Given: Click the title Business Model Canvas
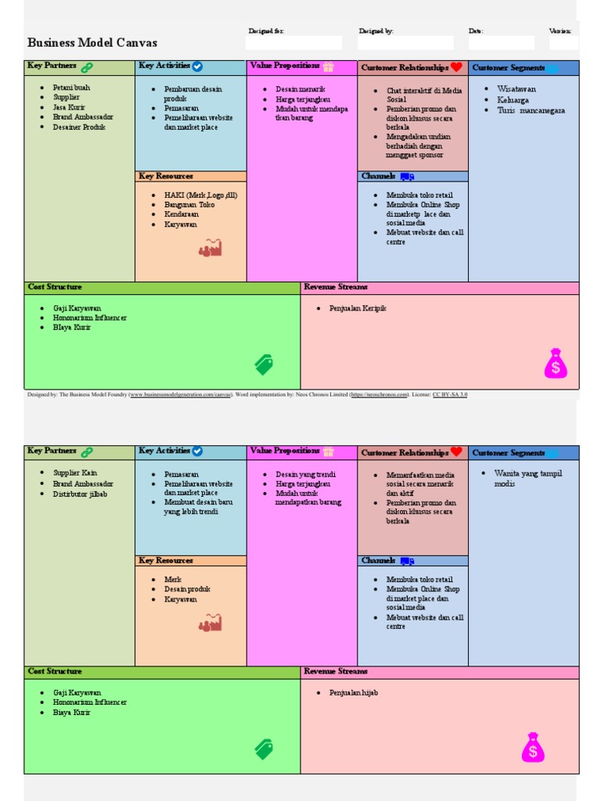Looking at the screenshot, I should pos(92,43).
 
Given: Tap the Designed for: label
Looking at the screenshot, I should pos(266,31).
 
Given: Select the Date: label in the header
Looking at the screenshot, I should pos(476,31).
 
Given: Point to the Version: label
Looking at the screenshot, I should pos(560,31).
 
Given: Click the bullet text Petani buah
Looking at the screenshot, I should pos(71,88).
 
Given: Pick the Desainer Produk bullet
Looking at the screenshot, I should pos(78,127).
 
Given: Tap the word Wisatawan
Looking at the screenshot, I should pos(516,89).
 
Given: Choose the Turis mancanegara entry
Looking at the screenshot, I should pos(531,110).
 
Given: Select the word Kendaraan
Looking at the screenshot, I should pos(182,214).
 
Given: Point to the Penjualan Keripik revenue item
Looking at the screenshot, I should pos(358,308).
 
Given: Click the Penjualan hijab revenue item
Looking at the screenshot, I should pos(354,693).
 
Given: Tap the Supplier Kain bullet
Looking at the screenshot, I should pos(75,473).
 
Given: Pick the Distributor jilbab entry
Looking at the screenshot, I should pos(80,494).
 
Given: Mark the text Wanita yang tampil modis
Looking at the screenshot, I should pos(528,478).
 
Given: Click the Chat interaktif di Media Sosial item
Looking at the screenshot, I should pos(423,95).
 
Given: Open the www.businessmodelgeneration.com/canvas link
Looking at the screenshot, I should pos(179,395).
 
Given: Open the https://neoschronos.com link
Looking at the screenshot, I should pos(380,395).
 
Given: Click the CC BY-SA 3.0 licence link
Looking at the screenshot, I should pos(450,395).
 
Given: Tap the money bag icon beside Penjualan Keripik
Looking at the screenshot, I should pos(556,364).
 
